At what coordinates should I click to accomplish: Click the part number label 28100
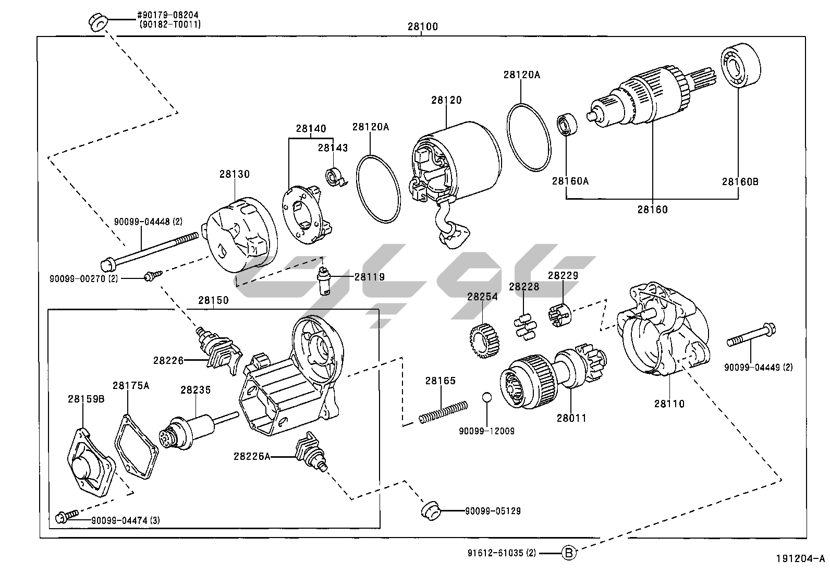point(423,27)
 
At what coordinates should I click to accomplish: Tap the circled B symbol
point(569,553)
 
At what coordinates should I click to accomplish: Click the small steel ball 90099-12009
point(486,397)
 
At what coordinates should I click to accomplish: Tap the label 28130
point(234,174)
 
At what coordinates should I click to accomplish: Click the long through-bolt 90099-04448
point(151,249)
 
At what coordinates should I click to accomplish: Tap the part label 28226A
point(252,456)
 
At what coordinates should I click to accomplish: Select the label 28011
point(571,418)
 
